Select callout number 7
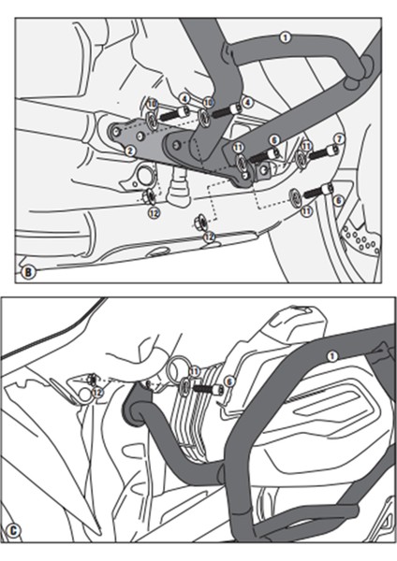coord(340,139)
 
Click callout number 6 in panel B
coord(337,199)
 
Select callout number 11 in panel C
coord(194,372)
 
